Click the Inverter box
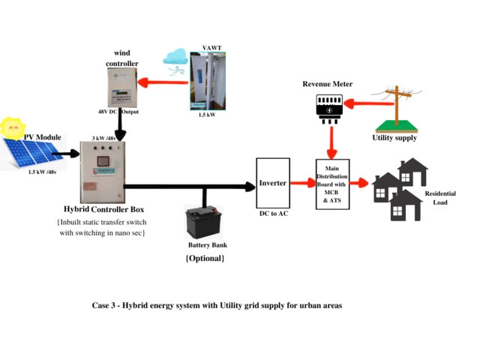(x=273, y=183)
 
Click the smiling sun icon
(x=13, y=127)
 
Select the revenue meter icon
(x=328, y=107)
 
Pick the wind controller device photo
(x=122, y=89)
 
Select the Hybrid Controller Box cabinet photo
(x=100, y=176)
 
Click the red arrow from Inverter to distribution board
(x=301, y=183)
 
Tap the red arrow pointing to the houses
(x=361, y=183)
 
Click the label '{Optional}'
(x=205, y=258)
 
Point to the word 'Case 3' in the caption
(x=105, y=306)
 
